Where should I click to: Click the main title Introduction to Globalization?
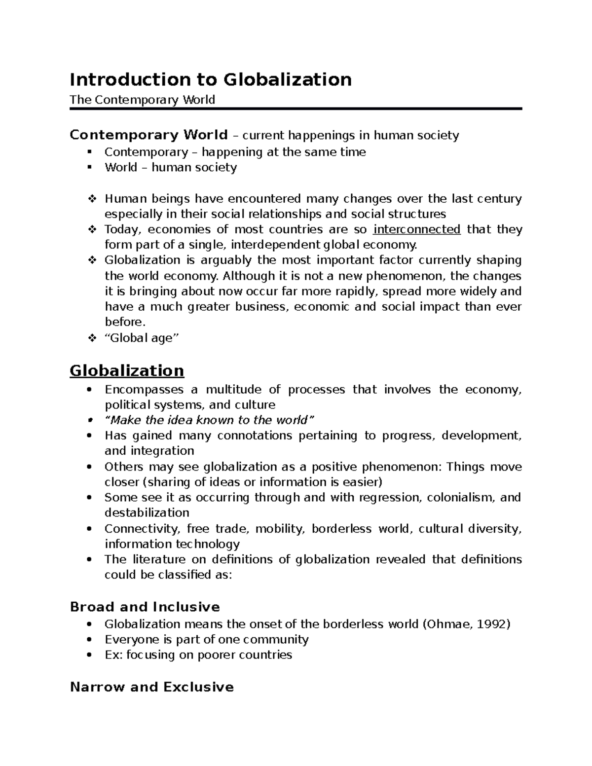pyautogui.click(x=211, y=79)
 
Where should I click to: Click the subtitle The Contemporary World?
pyautogui.click(x=142, y=100)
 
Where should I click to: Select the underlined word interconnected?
pyautogui.click(x=417, y=229)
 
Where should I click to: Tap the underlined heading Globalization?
pyautogui.click(x=127, y=370)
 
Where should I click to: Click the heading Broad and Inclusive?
pyautogui.click(x=145, y=607)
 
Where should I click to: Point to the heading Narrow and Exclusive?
pyautogui.click(x=151, y=687)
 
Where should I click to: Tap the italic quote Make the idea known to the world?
pyautogui.click(x=209, y=420)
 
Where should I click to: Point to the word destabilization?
pyautogui.click(x=147, y=512)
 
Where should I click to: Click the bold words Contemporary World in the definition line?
pyautogui.click(x=148, y=135)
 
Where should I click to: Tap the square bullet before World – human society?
pyautogui.click(x=89, y=167)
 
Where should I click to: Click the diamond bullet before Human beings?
pyautogui.click(x=91, y=199)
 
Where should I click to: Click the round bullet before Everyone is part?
pyautogui.click(x=89, y=640)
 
